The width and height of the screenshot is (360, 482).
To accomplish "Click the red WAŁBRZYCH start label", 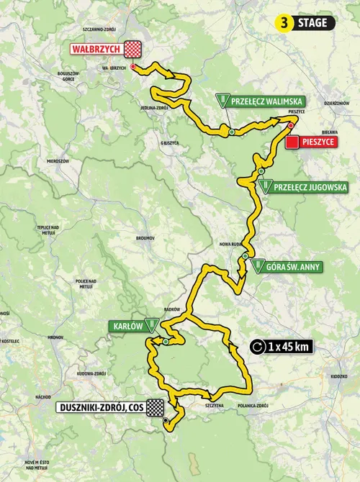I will click(x=96, y=49).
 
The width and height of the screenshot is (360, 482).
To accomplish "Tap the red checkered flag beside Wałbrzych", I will click(x=133, y=49).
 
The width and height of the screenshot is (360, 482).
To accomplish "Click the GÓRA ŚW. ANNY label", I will click(x=294, y=267).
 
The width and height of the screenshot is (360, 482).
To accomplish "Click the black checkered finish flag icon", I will click(x=154, y=408).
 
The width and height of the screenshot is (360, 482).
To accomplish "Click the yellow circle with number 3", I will click(x=286, y=23).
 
